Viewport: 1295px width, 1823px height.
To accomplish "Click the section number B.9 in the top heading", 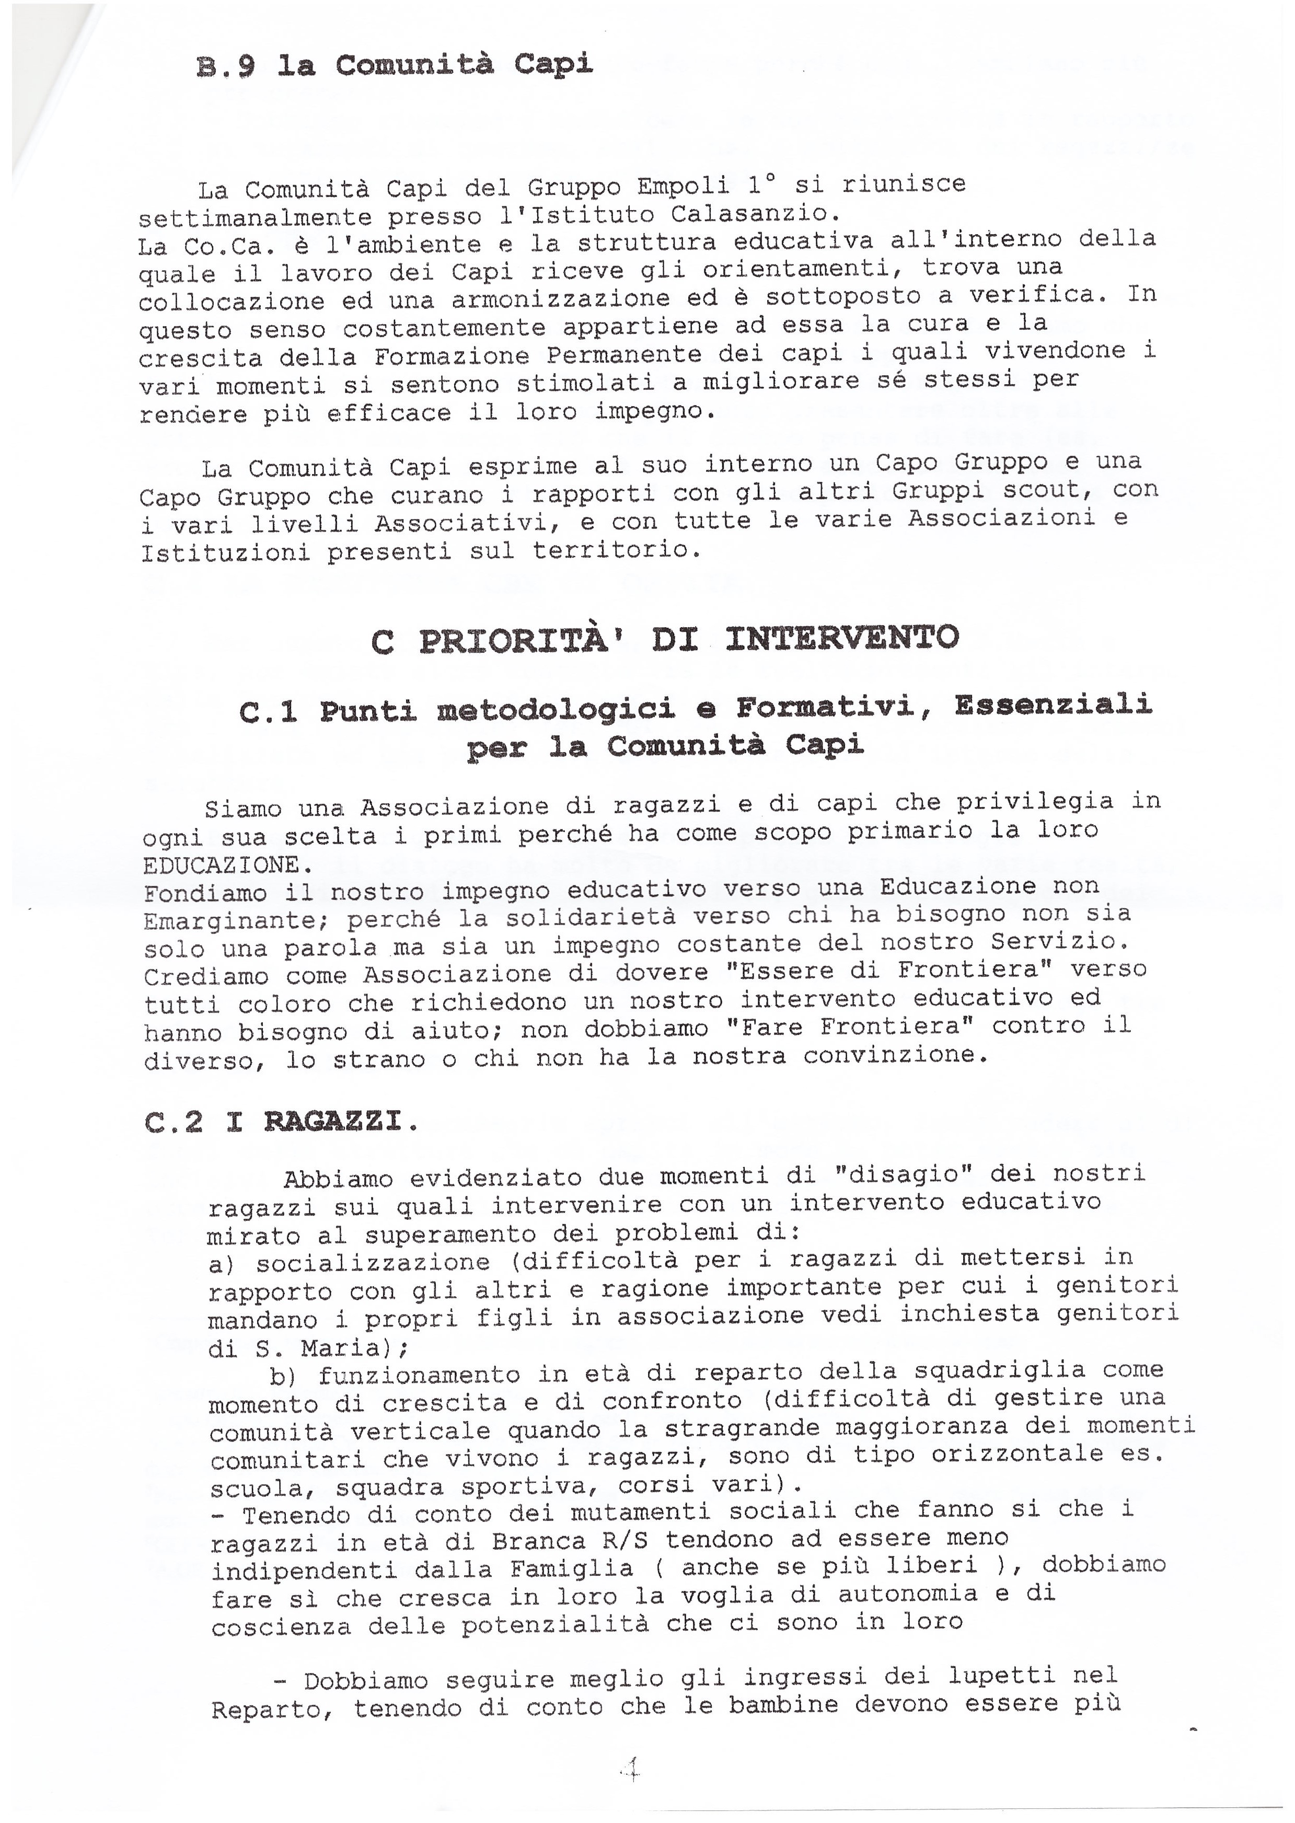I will click(x=225, y=67).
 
